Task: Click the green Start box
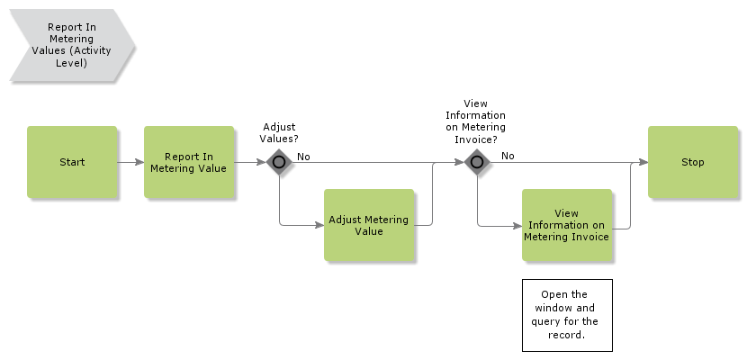pyautogui.click(x=72, y=162)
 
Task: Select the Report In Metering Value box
pyautogui.click(x=189, y=162)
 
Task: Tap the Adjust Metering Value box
pyautogui.click(x=369, y=225)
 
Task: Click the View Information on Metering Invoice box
pyautogui.click(x=567, y=225)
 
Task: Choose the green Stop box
pyautogui.click(x=693, y=162)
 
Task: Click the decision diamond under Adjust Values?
pyautogui.click(x=279, y=162)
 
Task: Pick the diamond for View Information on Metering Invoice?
pyautogui.click(x=477, y=162)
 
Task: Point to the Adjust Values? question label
pyautogui.click(x=278, y=133)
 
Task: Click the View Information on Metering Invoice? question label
pyautogui.click(x=476, y=121)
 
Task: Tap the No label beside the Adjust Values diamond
pyautogui.click(x=303, y=157)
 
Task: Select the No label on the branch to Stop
pyautogui.click(x=508, y=156)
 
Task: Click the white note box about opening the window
pyautogui.click(x=567, y=315)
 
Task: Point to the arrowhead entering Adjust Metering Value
pyautogui.click(x=319, y=225)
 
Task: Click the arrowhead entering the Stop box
pyautogui.click(x=643, y=162)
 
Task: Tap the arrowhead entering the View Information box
pyautogui.click(x=517, y=225)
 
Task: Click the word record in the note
pyautogui.click(x=566, y=335)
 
